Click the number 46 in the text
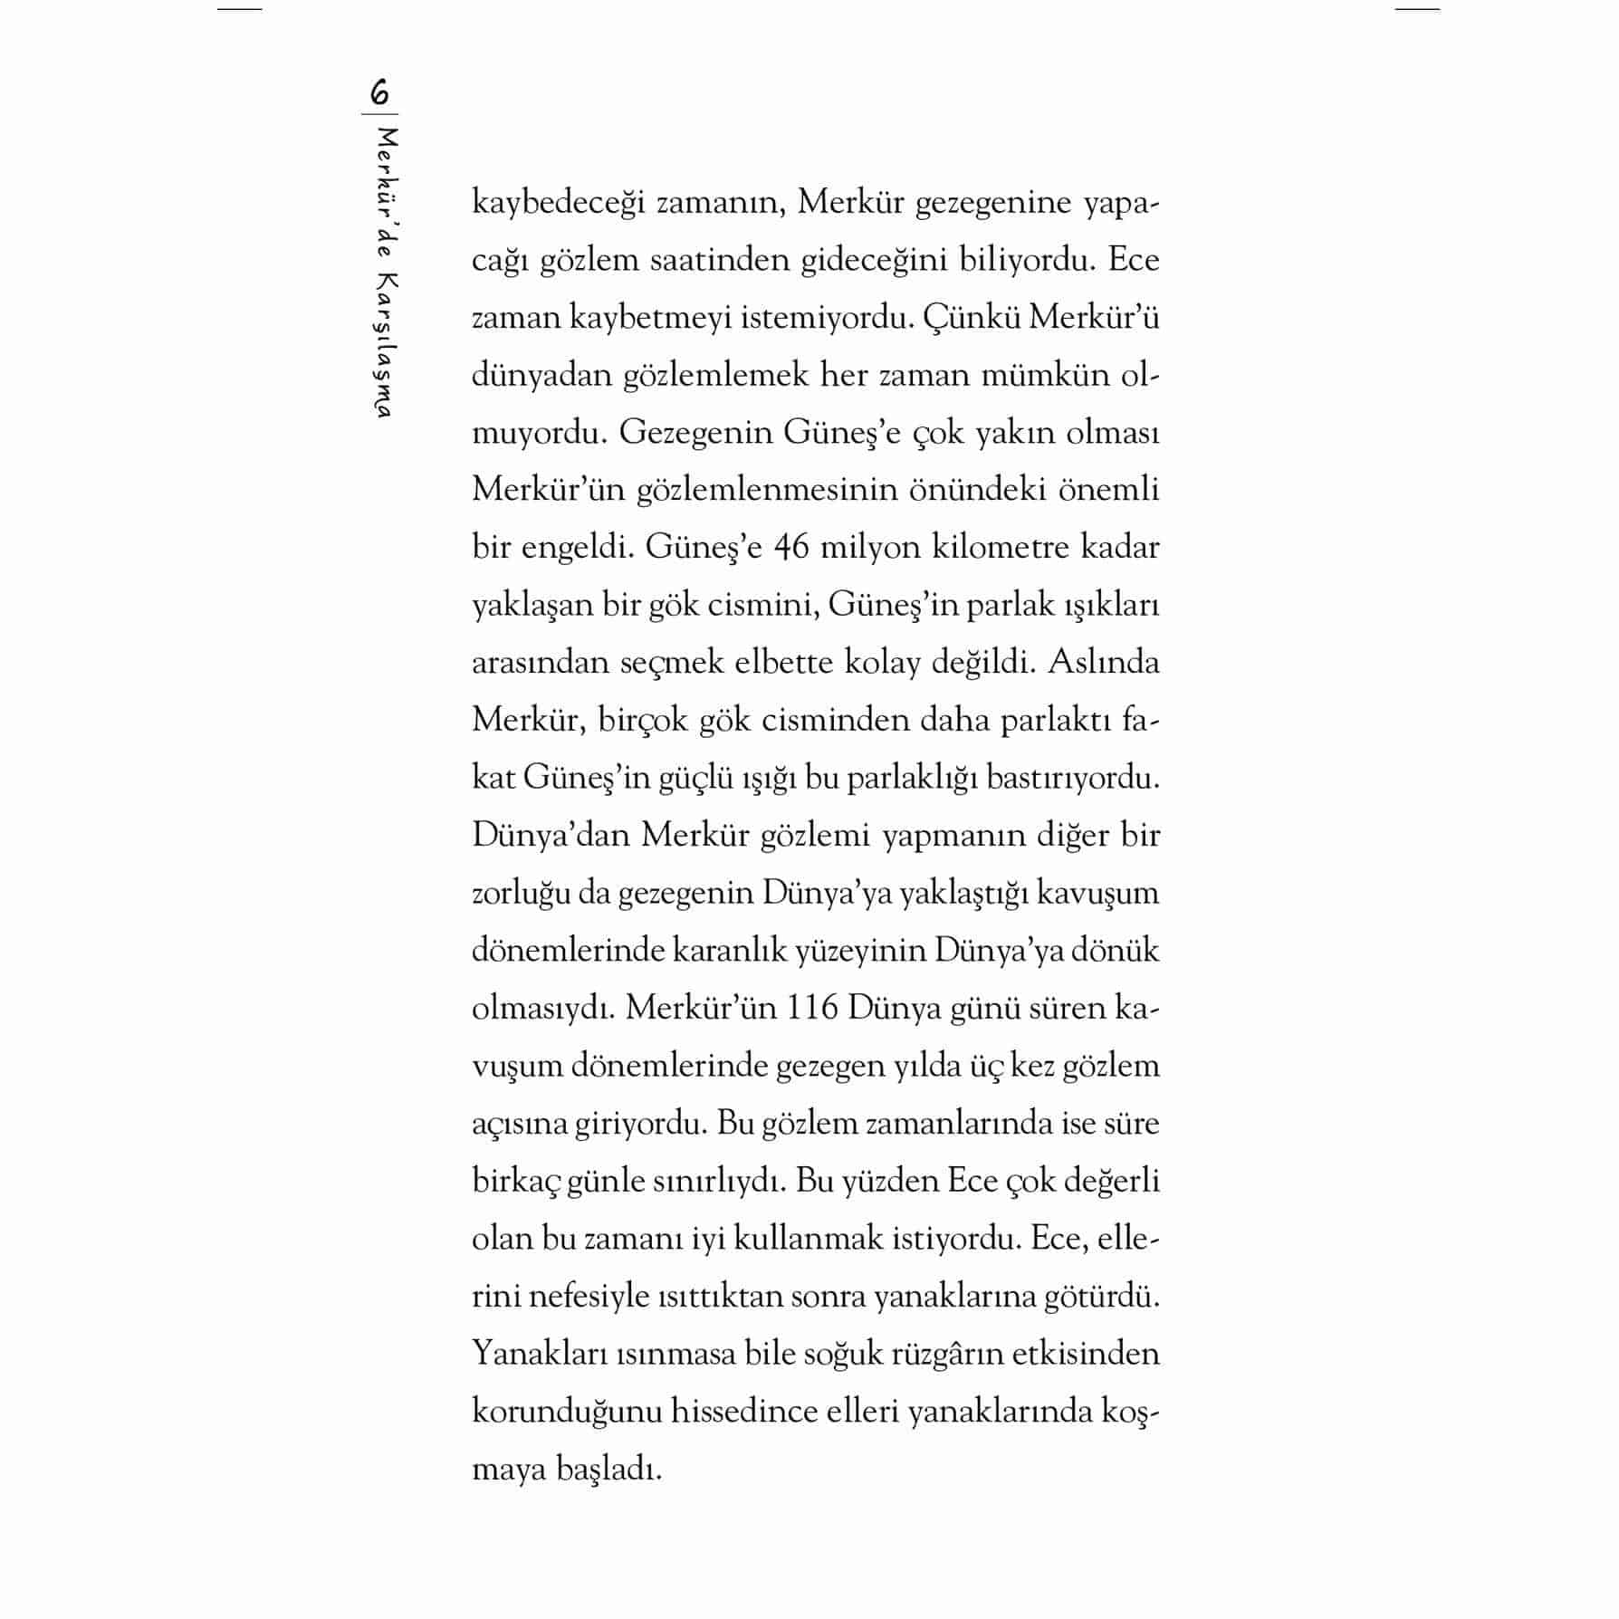point(791,548)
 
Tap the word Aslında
point(1103,663)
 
